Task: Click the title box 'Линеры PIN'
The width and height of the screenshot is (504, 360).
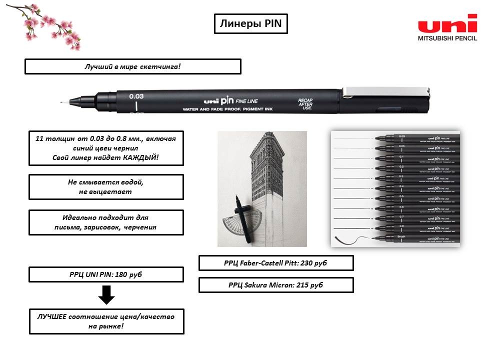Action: point(250,23)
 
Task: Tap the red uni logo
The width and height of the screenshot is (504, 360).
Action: point(447,24)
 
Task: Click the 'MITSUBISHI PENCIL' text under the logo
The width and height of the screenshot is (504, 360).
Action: point(447,38)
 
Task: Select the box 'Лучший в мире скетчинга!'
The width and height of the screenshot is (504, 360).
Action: point(132,66)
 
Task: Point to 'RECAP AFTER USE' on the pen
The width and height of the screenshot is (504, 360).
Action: point(305,103)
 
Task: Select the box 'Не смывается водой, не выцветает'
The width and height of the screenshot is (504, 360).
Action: point(106,186)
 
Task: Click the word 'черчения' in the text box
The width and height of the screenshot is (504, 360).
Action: point(141,227)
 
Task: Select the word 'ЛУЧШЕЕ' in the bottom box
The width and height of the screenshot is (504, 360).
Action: point(53,316)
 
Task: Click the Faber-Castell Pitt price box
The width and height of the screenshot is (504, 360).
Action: point(276,263)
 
